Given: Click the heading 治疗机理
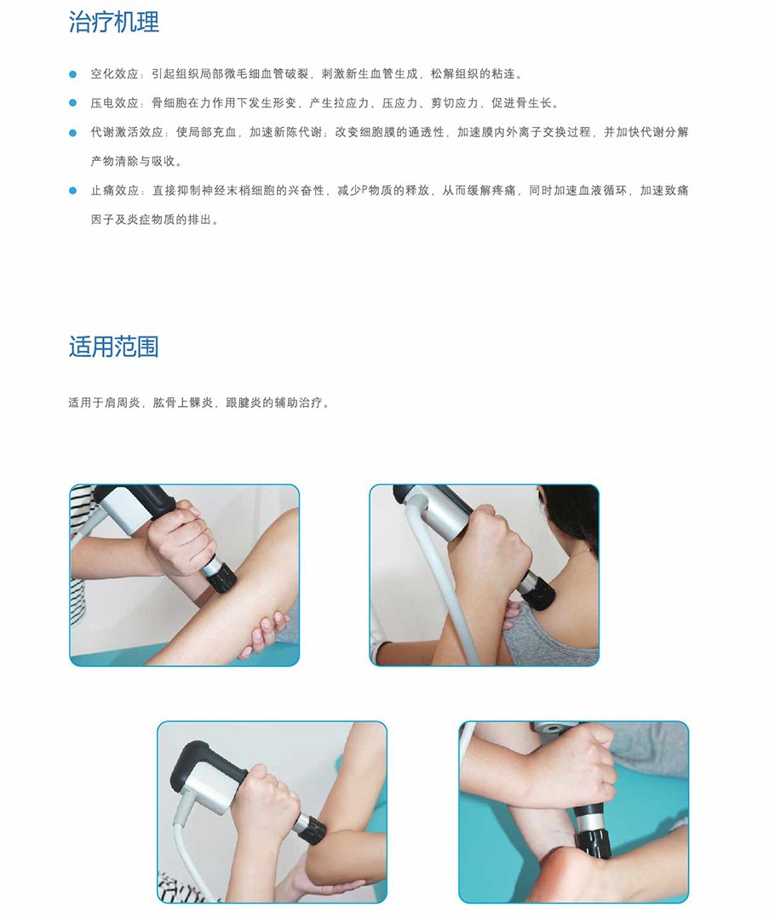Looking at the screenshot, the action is [x=114, y=22].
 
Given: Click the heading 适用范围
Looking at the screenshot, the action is [x=114, y=346].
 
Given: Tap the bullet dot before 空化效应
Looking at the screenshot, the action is [x=72, y=74].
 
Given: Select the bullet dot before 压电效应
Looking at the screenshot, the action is [x=72, y=103].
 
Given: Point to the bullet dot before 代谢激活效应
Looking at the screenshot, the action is [x=72, y=133].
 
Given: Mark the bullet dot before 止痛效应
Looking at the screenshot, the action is [x=72, y=191].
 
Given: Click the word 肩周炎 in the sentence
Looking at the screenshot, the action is [x=123, y=402].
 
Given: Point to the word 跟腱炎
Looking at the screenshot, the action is [x=244, y=402].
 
